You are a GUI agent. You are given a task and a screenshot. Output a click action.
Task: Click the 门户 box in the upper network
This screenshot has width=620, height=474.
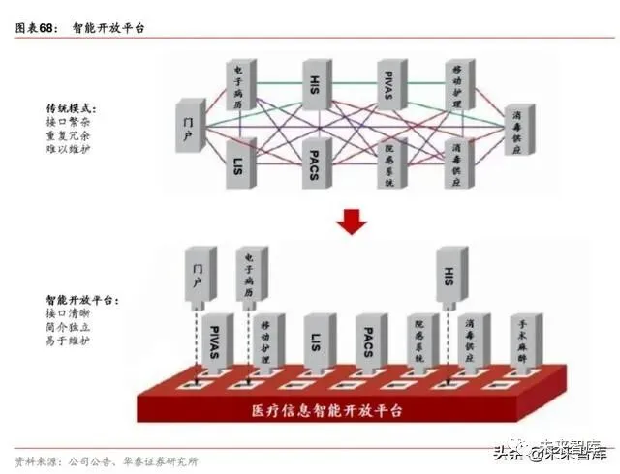click(x=191, y=124)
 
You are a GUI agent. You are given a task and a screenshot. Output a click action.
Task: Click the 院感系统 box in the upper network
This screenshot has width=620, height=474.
click(x=391, y=163)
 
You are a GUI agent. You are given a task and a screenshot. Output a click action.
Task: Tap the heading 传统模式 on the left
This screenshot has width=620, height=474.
click(x=72, y=108)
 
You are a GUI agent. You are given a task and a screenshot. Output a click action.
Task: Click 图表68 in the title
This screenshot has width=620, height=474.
click(x=36, y=27)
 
